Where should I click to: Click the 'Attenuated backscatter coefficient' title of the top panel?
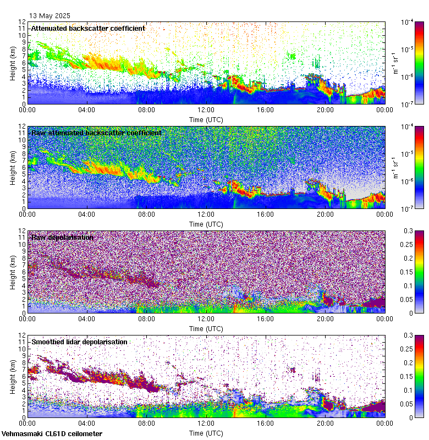tap(88, 28)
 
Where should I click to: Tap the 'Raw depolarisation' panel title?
tap(62, 237)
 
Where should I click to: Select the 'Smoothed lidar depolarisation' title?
tap(79, 342)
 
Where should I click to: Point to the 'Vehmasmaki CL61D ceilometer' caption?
tap(52, 434)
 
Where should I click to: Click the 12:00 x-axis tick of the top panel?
tap(206, 109)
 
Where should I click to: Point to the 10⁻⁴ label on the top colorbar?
tap(408, 23)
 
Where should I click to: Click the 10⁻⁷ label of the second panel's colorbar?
tap(408, 208)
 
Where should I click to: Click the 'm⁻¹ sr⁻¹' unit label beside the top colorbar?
tap(395, 63)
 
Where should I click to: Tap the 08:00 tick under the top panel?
tap(147, 109)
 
